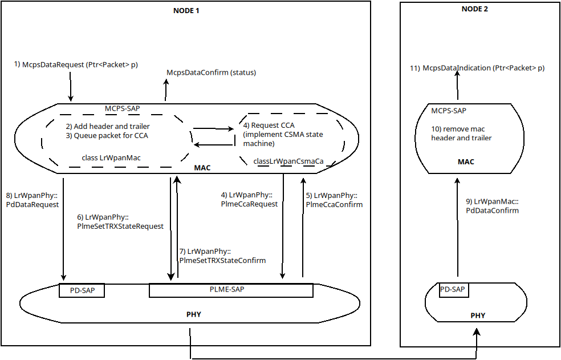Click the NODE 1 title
(186, 11)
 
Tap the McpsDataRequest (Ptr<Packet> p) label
(76, 64)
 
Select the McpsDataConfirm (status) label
(211, 72)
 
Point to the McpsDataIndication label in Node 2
(477, 68)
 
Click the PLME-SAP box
(230, 290)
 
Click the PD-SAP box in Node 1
(82, 290)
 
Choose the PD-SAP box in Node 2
(453, 290)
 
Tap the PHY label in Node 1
(193, 314)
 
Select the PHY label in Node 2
(477, 315)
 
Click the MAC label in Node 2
(466, 162)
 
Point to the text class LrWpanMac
(112, 156)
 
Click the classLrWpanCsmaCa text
(288, 161)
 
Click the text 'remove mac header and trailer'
(461, 134)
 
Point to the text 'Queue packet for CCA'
(107, 136)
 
